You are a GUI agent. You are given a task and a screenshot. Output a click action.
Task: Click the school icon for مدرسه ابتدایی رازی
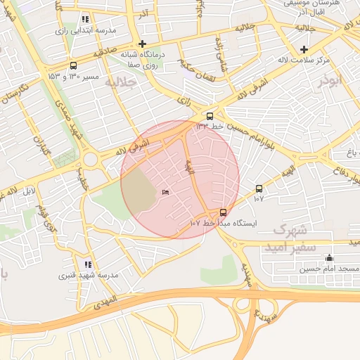point(86,19)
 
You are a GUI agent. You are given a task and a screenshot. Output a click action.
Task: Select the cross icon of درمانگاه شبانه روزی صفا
point(142,44)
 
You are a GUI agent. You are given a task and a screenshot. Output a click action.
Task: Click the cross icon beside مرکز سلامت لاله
point(304,49)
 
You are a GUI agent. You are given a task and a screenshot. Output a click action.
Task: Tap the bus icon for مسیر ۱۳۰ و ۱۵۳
point(74,65)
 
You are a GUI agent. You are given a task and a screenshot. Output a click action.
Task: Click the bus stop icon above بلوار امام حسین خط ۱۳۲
point(210,116)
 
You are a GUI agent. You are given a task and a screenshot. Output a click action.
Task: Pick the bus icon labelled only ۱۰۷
point(259,188)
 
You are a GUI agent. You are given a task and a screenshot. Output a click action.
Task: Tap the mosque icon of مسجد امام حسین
point(330,257)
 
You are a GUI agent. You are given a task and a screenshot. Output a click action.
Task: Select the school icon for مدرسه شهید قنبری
point(87,264)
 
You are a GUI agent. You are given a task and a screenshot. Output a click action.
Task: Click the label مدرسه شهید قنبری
point(88,276)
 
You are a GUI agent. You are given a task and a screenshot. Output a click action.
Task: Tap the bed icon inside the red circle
point(166,193)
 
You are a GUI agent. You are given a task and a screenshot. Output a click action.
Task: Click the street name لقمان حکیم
point(198,64)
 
